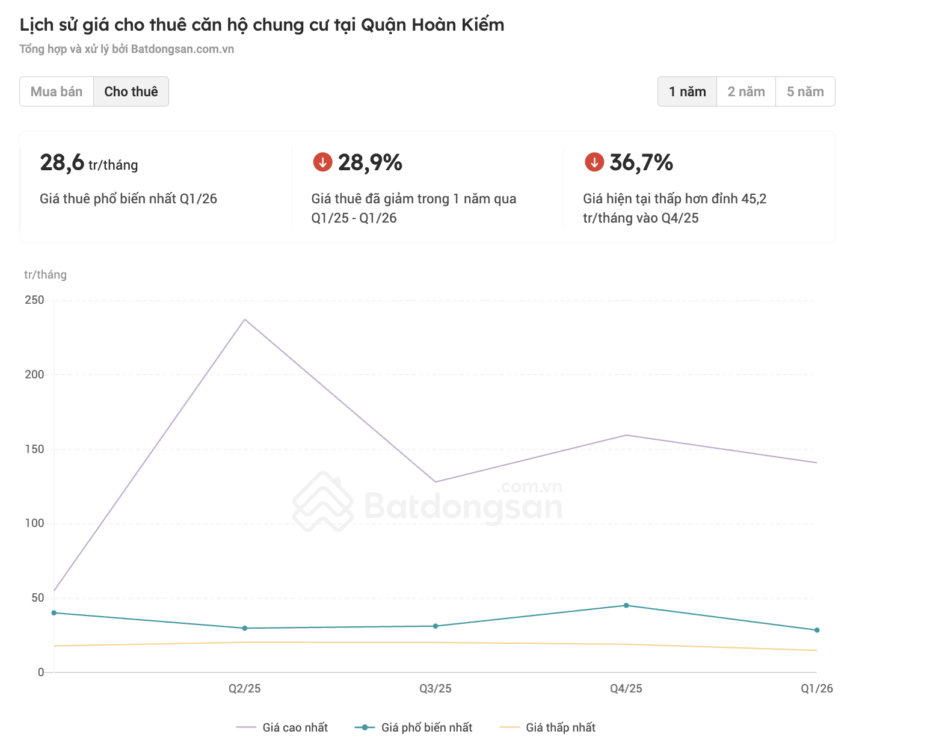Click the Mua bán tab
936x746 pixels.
tap(57, 91)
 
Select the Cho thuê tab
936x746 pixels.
tap(131, 91)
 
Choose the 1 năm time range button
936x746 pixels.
tap(687, 91)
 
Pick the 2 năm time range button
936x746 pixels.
tap(746, 91)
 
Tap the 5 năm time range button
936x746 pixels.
tap(805, 91)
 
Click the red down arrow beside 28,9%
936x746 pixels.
tap(323, 162)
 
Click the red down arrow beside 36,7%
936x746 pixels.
tap(594, 162)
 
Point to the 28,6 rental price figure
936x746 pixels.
tap(62, 162)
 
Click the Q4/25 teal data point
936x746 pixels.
tap(626, 605)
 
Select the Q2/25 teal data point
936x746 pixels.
tap(245, 628)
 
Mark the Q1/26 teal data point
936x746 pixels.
tap(817, 630)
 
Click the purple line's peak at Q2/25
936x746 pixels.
tap(245, 319)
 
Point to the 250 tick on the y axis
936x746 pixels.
tap(34, 300)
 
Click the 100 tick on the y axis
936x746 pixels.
tap(34, 523)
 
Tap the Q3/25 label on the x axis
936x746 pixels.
tap(436, 688)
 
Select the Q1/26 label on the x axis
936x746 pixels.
tap(816, 688)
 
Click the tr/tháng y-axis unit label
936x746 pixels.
tap(45, 274)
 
